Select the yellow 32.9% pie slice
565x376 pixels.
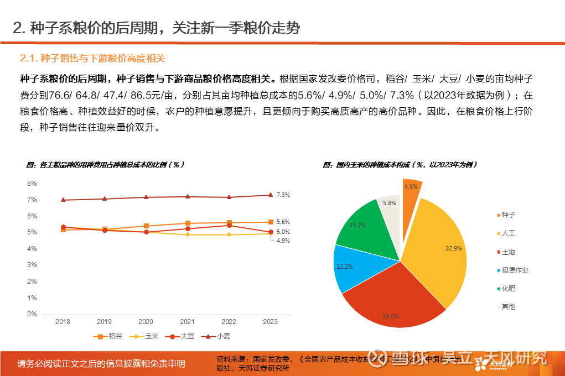coord(437,249)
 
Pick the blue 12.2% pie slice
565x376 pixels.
coord(351,268)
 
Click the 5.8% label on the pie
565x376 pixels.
coord(389,203)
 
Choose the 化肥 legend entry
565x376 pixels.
coord(508,289)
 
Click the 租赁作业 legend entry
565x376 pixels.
coord(515,270)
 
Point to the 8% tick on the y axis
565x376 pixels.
coord(32,183)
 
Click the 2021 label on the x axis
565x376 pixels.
coord(188,321)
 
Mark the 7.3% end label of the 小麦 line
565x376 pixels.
coord(283,195)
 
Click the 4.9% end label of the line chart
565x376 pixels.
coord(283,241)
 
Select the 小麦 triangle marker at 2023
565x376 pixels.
coord(270,195)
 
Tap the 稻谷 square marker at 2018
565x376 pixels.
coord(63,229)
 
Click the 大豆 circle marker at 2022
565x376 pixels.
coord(229,225)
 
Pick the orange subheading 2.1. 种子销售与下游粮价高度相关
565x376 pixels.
coord(92,58)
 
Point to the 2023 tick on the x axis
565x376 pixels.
coord(270,321)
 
